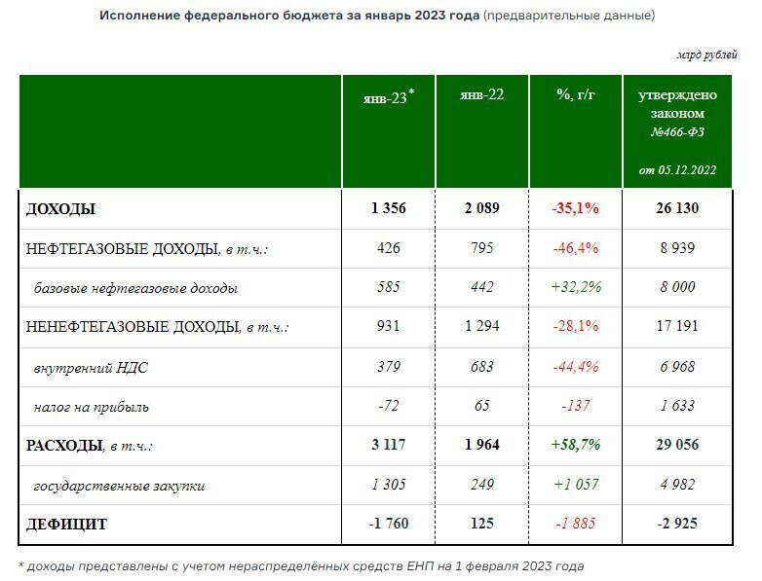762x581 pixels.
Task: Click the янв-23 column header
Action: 385,95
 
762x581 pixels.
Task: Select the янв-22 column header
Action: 480,94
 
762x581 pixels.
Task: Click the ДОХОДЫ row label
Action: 60,208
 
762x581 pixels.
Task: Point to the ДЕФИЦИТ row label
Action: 67,525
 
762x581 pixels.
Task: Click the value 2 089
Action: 480,208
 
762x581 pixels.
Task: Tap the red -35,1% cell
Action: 576,208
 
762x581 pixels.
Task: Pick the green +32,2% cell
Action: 576,287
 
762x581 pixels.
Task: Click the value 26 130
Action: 677,208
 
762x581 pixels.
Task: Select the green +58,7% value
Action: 576,446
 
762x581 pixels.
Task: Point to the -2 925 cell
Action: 677,525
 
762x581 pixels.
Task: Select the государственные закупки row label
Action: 119,485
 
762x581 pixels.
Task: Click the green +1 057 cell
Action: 576,485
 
